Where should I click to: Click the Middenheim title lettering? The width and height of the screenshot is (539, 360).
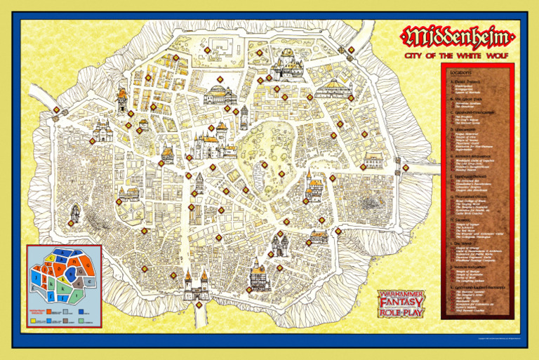point(458,36)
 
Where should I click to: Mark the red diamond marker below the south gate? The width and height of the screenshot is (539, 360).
point(199,305)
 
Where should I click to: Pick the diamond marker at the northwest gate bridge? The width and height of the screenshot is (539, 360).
point(56,110)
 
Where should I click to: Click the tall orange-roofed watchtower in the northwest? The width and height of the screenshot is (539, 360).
point(121,100)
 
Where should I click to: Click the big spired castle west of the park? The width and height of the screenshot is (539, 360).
point(208,145)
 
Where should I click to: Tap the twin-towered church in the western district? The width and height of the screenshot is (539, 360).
point(102,130)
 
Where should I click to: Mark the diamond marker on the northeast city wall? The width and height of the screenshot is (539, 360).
point(351,50)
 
